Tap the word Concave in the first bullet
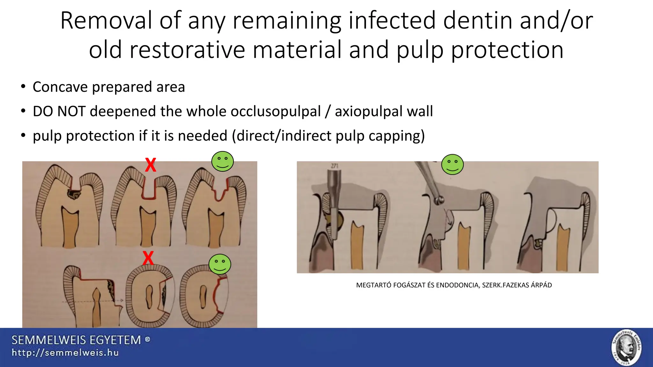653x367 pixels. click(60, 87)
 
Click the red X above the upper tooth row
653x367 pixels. click(150, 165)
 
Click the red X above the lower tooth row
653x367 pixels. click(148, 258)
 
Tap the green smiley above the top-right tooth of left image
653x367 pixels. click(223, 161)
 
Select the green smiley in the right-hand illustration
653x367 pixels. click(452, 164)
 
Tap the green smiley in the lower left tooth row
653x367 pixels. click(220, 264)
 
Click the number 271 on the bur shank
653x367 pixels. click(334, 166)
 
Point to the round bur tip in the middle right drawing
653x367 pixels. click(439, 200)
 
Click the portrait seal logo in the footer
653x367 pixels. click(626, 347)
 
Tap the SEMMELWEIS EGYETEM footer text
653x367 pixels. click(76, 340)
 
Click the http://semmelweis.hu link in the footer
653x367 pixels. click(65, 353)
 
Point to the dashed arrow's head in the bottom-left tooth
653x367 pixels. click(121, 300)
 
